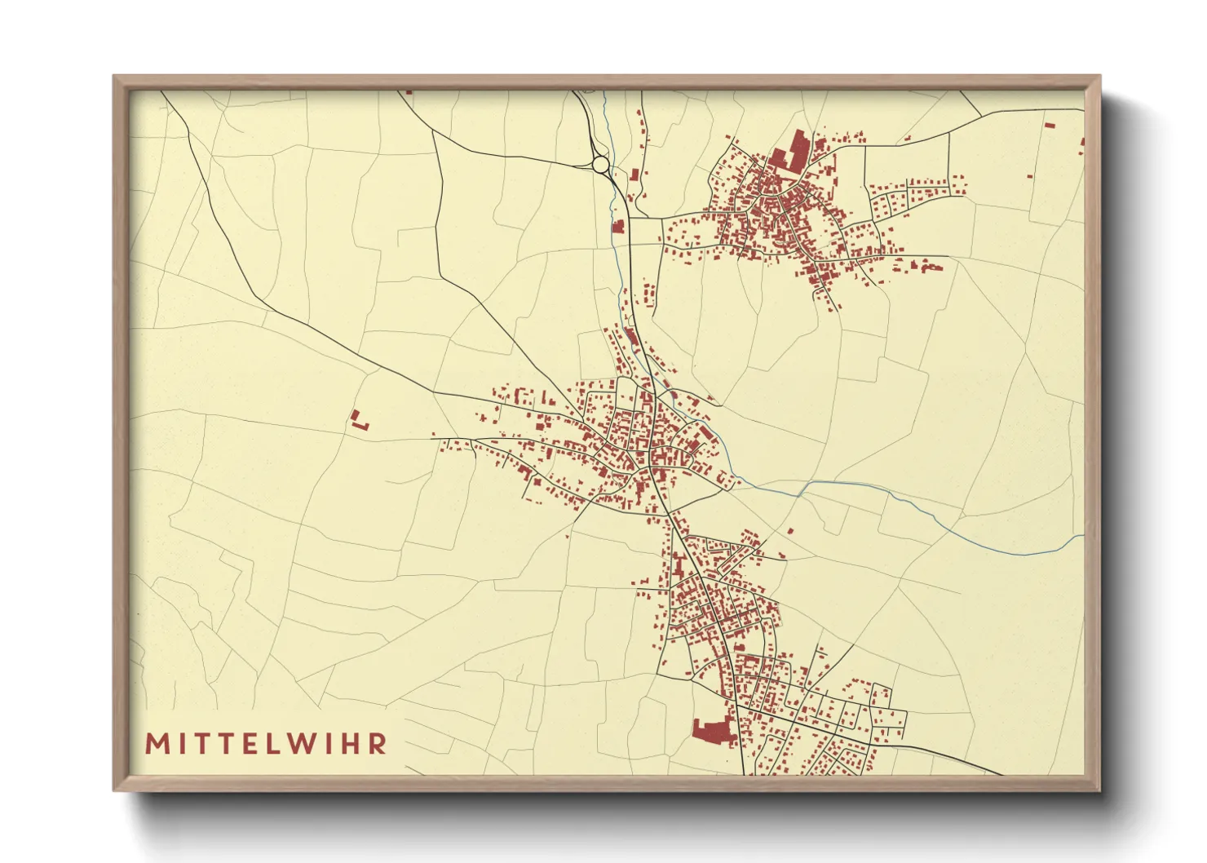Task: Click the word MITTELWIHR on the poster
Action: click(266, 744)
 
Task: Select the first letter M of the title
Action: click(155, 744)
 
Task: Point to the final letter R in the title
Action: click(377, 744)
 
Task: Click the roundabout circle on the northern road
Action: click(601, 165)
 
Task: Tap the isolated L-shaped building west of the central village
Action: click(357, 421)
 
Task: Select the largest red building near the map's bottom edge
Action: click(713, 732)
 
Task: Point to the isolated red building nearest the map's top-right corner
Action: click(1050, 126)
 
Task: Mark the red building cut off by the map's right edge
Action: click(1082, 143)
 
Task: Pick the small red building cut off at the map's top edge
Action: click(409, 92)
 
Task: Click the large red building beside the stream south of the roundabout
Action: click(618, 227)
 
